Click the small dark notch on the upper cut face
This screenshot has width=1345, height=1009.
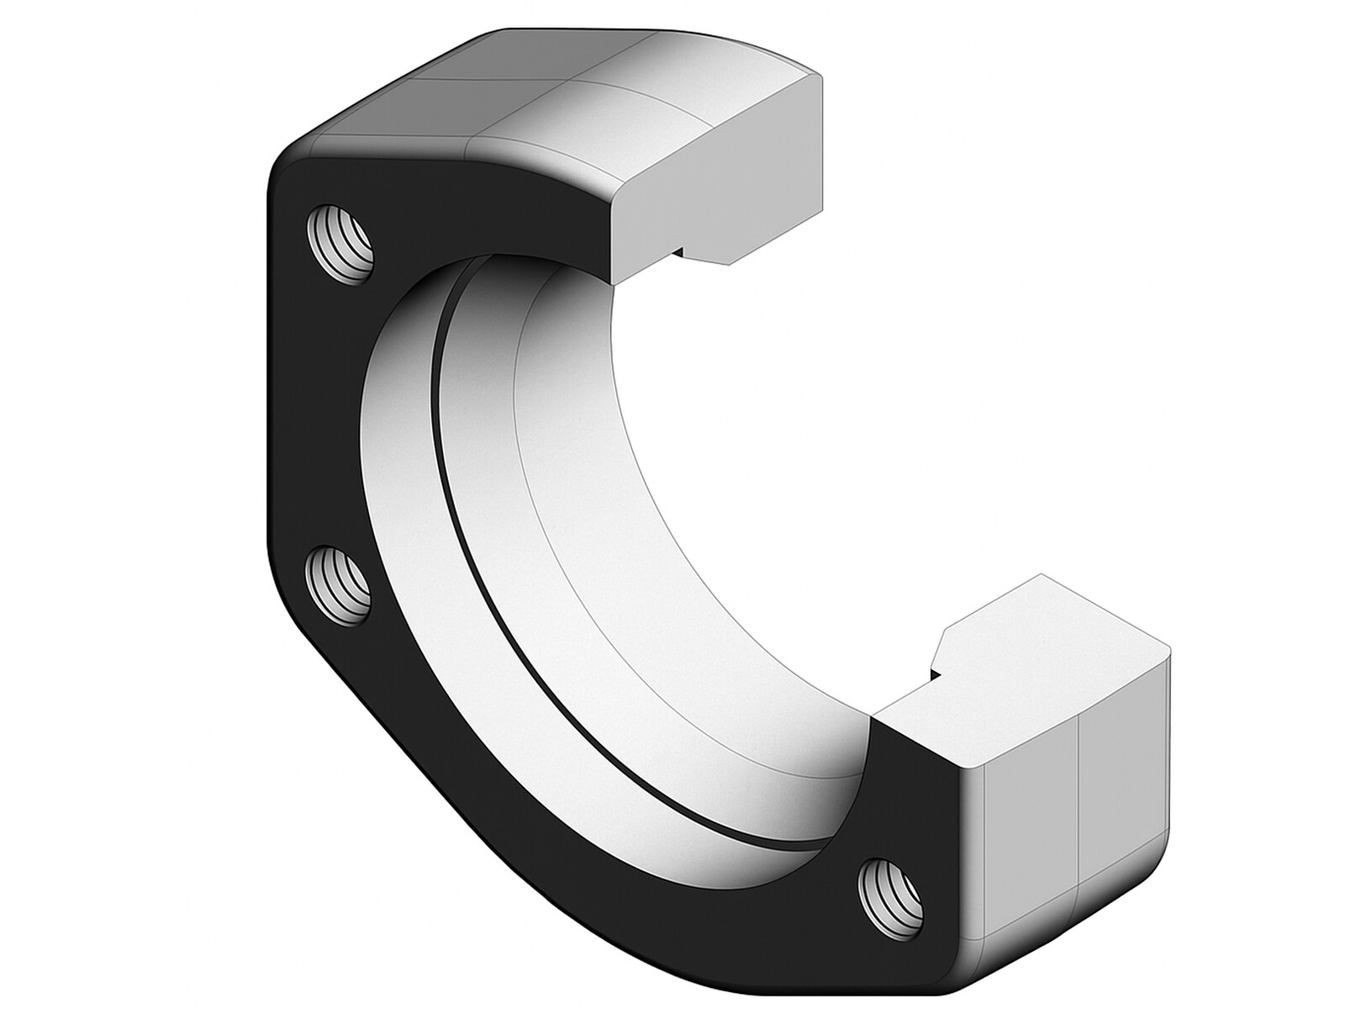(x=679, y=250)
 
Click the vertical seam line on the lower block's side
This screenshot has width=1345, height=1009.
(x=1078, y=807)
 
